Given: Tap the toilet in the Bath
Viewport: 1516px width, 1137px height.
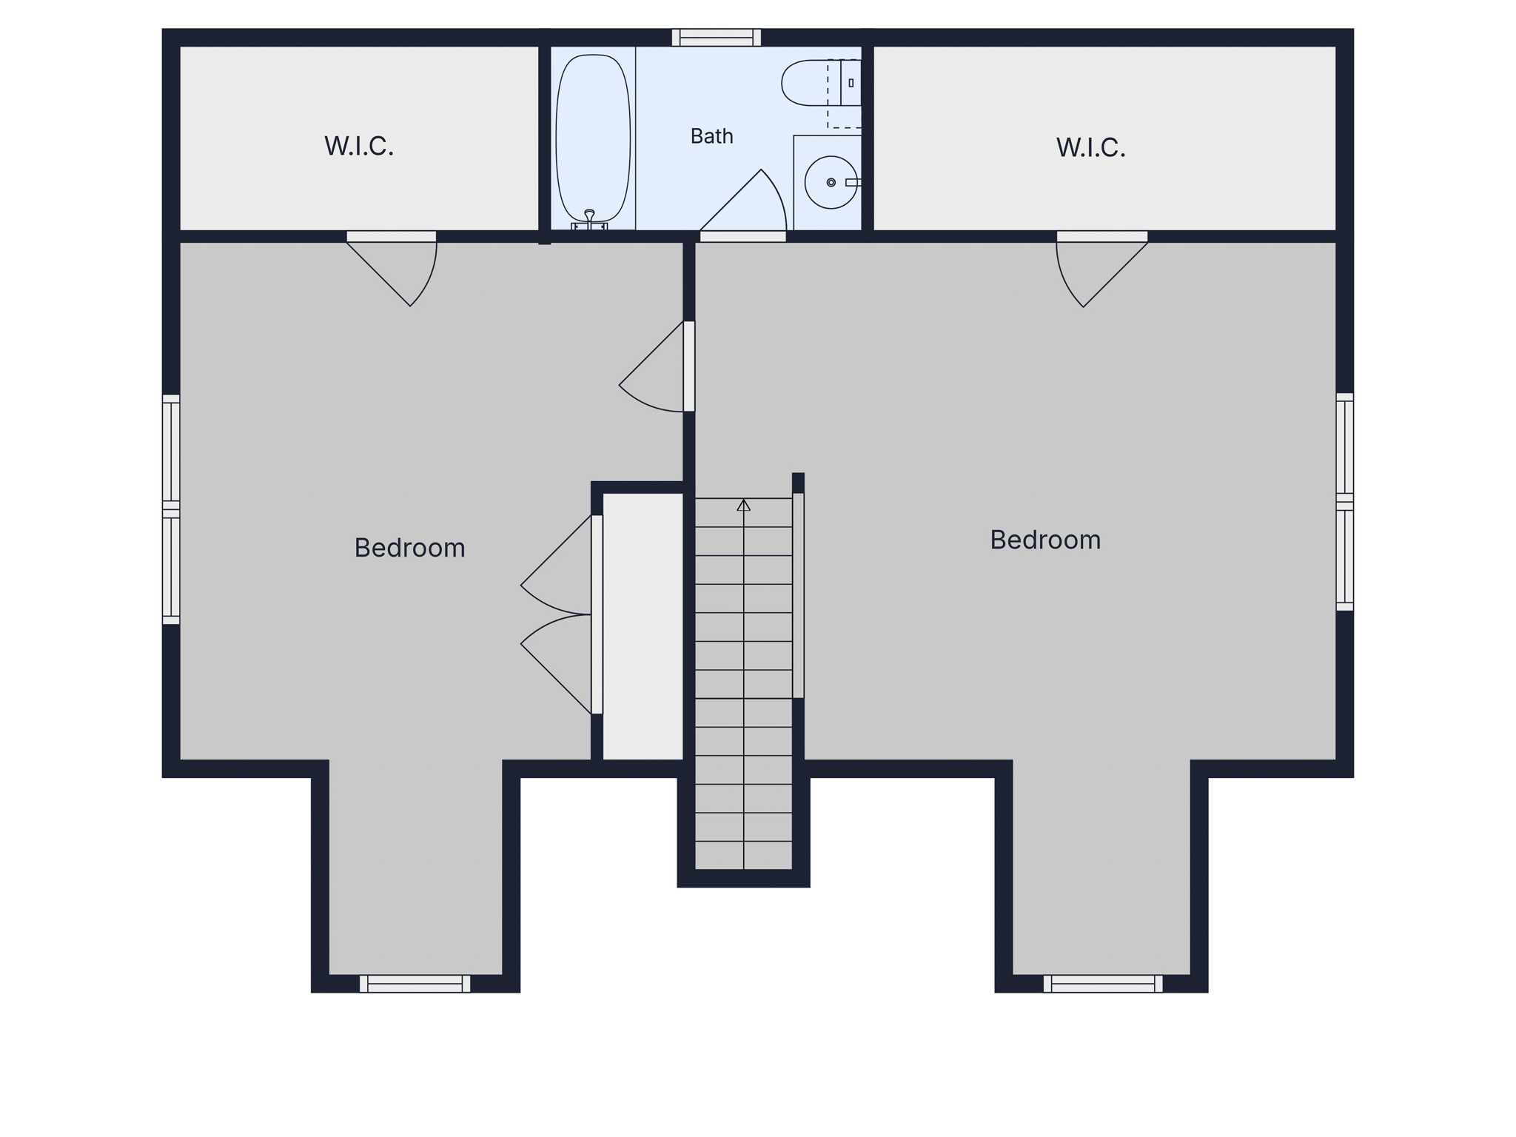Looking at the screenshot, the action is click(x=821, y=83).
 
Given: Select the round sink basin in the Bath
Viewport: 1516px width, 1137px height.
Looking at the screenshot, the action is click(x=831, y=182).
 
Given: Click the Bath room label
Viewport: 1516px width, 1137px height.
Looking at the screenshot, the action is click(x=711, y=136).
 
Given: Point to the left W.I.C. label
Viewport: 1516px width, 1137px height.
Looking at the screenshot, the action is click(x=359, y=146).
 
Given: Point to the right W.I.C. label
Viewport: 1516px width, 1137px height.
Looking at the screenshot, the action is click(x=1090, y=147).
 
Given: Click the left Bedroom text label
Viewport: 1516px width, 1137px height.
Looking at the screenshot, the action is click(x=409, y=548).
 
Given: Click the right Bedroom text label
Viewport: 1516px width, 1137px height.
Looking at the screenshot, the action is click(x=1045, y=540).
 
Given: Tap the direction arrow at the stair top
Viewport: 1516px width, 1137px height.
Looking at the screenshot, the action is click(x=744, y=505).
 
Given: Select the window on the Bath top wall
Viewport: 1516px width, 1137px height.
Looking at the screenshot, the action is click(x=716, y=38).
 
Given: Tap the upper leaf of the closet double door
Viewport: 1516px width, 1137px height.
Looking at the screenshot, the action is click(x=557, y=564).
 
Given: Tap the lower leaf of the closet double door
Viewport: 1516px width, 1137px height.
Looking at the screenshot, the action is click(x=557, y=664).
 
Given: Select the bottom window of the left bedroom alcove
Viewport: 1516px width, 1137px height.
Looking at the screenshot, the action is click(x=415, y=984).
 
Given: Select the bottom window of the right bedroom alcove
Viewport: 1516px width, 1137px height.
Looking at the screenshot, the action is click(x=1103, y=984).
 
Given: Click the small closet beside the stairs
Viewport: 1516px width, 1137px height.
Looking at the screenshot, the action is click(x=643, y=626).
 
